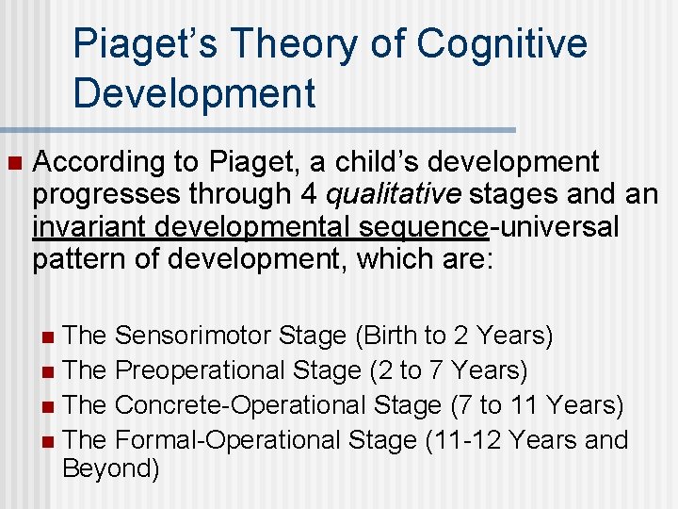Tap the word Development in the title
coord(194,93)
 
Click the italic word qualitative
coord(394,195)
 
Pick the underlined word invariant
coord(85,227)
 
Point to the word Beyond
coord(110,469)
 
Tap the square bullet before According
coord(12,163)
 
